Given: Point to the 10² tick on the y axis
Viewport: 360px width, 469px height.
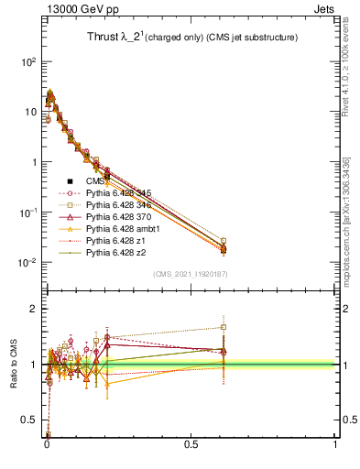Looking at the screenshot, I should click(28, 61).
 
